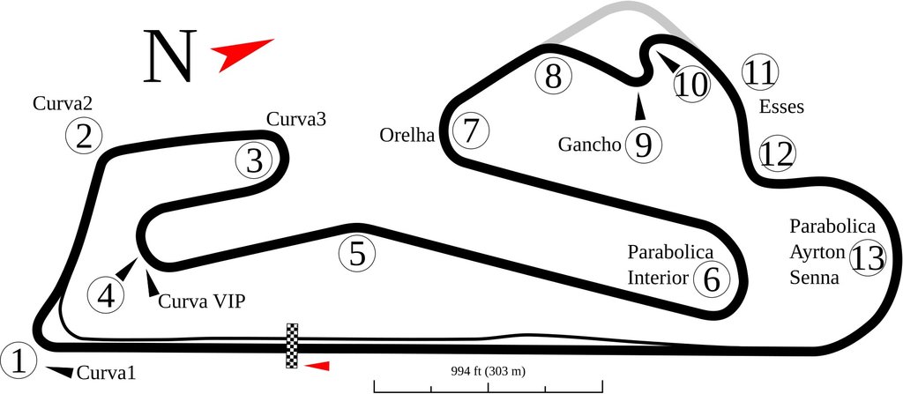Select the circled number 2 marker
85,137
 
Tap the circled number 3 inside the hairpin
254,160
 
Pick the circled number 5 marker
356,254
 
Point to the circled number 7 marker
471,131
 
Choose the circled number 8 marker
553,77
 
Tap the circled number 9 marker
643,145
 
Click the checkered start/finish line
293,346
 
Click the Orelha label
407,136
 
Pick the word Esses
781,107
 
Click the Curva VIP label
201,301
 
